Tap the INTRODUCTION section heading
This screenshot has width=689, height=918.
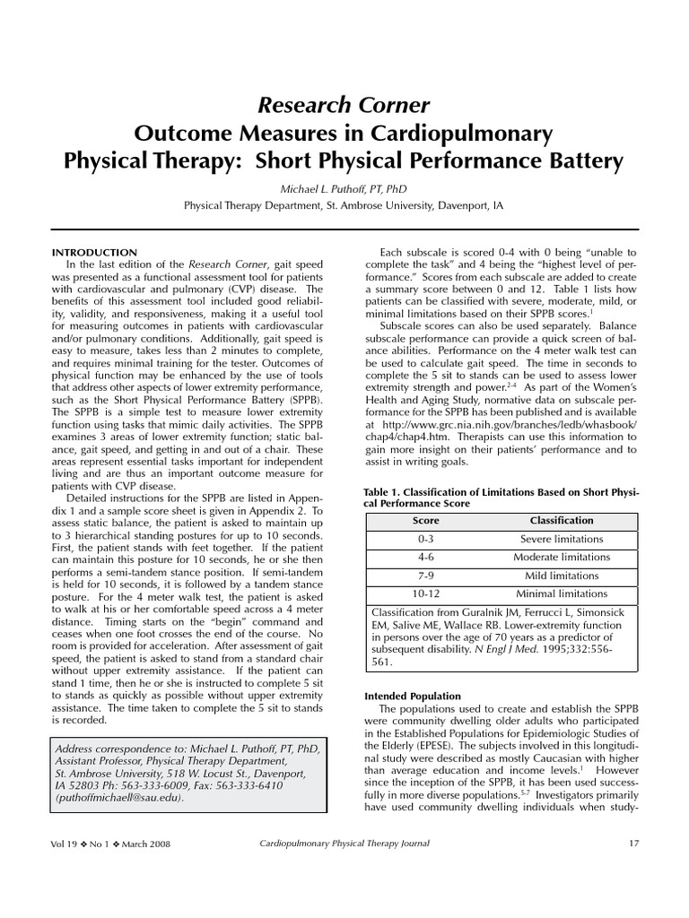coord(94,253)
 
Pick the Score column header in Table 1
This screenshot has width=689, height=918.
coord(425,521)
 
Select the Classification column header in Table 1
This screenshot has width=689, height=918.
coord(562,521)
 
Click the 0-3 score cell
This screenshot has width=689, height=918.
coord(425,540)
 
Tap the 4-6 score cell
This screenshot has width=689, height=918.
coord(425,558)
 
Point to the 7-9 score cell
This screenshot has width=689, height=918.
coord(425,576)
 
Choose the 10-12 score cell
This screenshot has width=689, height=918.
coord(425,593)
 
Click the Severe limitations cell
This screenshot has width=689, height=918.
coord(562,540)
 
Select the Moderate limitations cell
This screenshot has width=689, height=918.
coord(562,558)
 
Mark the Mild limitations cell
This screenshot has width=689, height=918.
coord(562,576)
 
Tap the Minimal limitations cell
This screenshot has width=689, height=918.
coord(562,593)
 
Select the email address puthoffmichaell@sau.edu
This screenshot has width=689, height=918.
coord(118,798)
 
